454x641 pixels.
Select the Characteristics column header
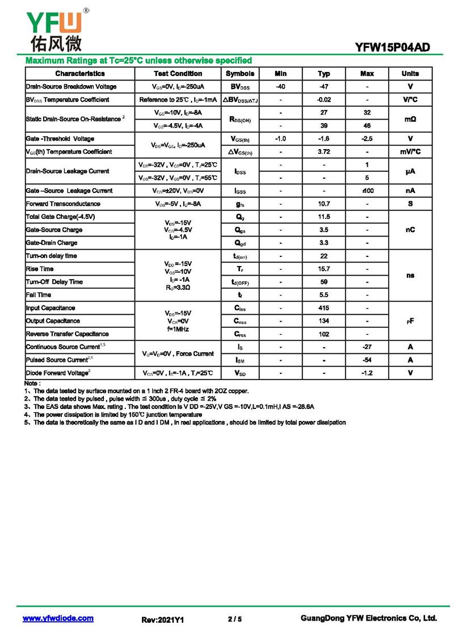80,74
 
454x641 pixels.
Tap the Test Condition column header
178,74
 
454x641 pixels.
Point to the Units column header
410,74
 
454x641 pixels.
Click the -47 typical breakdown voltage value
323,87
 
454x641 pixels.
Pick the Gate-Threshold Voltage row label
60,139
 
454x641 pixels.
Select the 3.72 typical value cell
323,152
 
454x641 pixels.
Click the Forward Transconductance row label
63,204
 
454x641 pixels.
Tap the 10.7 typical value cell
323,204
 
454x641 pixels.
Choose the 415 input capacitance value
323,308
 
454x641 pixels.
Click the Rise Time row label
40,269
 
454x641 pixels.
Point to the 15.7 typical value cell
323,269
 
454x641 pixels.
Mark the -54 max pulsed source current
367,360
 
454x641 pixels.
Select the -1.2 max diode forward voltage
367,373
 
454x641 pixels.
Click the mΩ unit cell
410,119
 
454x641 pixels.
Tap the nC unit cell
410,230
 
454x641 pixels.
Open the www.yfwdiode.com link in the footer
58,618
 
